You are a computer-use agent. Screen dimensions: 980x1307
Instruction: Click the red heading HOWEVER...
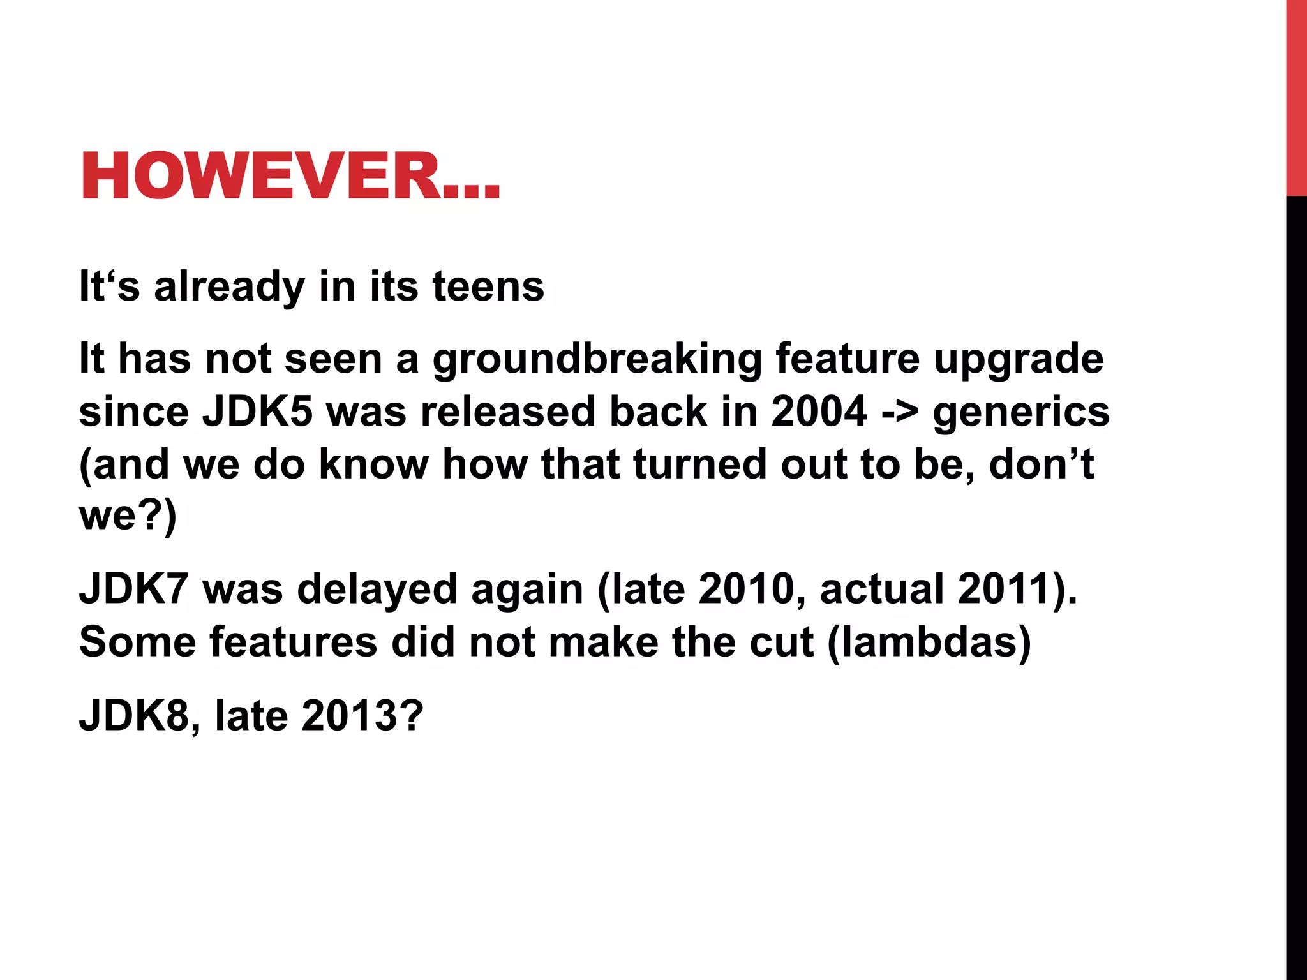pos(290,177)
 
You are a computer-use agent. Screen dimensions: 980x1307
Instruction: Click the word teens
pos(488,286)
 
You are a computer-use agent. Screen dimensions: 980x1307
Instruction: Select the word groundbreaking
pos(597,359)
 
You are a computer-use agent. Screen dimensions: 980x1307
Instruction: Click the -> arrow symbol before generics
pos(900,413)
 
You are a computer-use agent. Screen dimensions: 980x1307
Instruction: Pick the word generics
pos(1021,413)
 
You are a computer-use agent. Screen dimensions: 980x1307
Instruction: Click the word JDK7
pos(133,588)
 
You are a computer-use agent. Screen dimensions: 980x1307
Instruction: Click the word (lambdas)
pos(929,642)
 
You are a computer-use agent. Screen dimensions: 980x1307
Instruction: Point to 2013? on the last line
pos(362,716)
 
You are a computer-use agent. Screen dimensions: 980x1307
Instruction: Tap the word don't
pos(1042,464)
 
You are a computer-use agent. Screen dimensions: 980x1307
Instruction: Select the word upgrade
pos(1019,359)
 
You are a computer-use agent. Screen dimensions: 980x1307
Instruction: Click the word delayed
pos(377,588)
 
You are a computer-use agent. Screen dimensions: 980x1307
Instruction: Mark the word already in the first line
pos(230,286)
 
